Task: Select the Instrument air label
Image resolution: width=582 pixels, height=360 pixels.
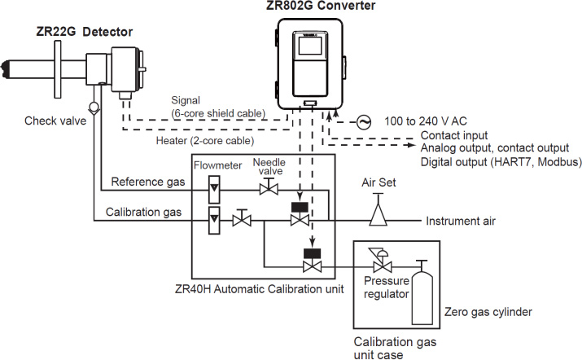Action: (462, 221)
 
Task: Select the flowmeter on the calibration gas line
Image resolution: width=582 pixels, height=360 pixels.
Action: (213, 219)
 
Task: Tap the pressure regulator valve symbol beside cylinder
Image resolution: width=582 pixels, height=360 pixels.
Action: (379, 265)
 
